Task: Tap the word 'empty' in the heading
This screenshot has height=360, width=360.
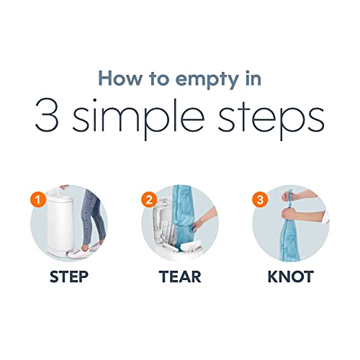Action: (207, 81)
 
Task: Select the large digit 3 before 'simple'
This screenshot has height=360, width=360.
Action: (47, 115)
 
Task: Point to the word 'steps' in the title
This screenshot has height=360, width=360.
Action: (271, 120)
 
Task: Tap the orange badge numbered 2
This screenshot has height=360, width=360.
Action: (149, 199)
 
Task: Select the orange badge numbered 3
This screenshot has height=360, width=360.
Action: (260, 199)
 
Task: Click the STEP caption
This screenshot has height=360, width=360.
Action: (69, 276)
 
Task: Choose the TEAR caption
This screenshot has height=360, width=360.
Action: (180, 276)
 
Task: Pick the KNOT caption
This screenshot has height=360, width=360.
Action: (291, 276)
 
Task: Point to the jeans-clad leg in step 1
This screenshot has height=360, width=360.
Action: (92, 216)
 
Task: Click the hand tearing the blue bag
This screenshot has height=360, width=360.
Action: (198, 225)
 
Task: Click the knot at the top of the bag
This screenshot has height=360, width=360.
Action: (290, 202)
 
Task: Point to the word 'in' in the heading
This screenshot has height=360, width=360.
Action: (253, 78)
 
